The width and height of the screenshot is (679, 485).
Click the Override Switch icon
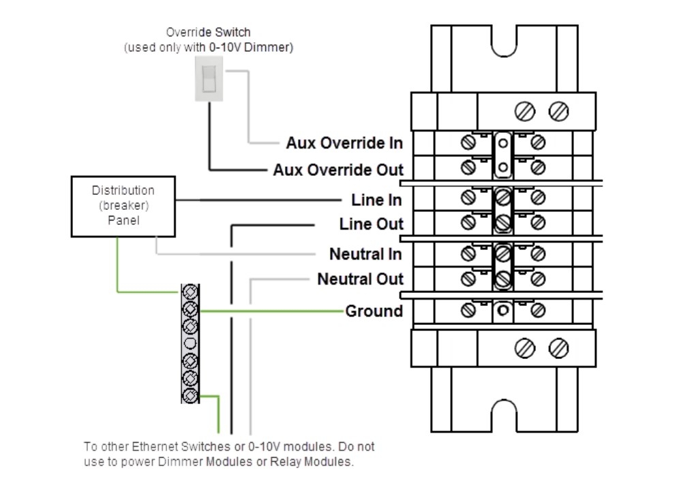click(x=209, y=79)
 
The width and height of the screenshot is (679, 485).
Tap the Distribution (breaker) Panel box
click(x=123, y=206)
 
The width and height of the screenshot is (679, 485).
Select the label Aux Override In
click(x=344, y=143)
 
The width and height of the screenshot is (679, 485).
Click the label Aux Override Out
click(x=338, y=169)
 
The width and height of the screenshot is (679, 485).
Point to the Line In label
click(x=376, y=200)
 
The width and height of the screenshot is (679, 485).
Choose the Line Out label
click(x=371, y=224)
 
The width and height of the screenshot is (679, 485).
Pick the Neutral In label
click(x=365, y=254)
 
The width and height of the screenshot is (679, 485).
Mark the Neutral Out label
click(x=360, y=279)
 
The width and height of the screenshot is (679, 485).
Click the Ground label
click(x=374, y=311)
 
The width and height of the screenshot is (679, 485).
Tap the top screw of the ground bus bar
click(x=190, y=293)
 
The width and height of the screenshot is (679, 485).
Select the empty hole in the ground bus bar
click(x=190, y=343)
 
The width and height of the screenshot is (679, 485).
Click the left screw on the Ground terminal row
click(x=469, y=310)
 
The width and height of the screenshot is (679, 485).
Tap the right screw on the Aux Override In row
click(x=538, y=142)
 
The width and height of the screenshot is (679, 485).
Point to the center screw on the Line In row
click(x=503, y=198)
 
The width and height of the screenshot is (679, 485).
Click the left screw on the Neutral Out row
click(x=469, y=278)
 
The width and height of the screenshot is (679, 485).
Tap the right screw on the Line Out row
click(x=538, y=221)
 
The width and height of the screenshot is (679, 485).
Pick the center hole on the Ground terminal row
click(x=503, y=311)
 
